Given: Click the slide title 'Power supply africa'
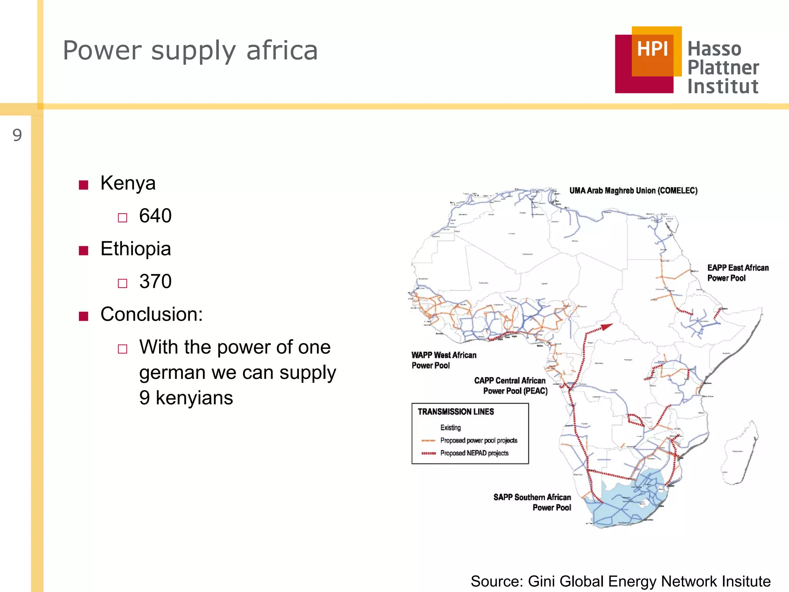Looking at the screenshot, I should pos(190,50).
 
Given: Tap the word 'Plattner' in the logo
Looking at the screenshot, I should pos(723,68).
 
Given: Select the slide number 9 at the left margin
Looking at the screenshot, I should pos(17,135).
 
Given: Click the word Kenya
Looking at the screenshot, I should pos(128,183).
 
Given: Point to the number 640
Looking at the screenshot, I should pos(155,215).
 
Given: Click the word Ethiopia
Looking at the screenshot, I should pos(136,249).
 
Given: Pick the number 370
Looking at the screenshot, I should pos(155,281).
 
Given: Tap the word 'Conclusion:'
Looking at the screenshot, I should pos(151,314).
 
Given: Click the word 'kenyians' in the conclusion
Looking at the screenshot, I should pos(194,398).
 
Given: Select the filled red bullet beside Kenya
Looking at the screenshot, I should pos(84,185).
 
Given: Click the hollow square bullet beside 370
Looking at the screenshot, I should pos(123,284).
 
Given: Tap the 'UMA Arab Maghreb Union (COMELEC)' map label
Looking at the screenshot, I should pos(633,190).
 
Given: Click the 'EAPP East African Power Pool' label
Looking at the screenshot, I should pos(737,273).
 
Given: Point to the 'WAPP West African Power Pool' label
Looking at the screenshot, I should pos(443,360).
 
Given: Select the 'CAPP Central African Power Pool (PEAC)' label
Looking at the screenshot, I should pos(510,385).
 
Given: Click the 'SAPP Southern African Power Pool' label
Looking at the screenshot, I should pos(532,502).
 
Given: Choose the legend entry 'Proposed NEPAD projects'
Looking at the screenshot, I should pos(474,453).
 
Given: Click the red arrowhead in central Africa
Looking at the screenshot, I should pos(606,327).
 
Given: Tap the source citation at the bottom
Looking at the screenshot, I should pos(620,581).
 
